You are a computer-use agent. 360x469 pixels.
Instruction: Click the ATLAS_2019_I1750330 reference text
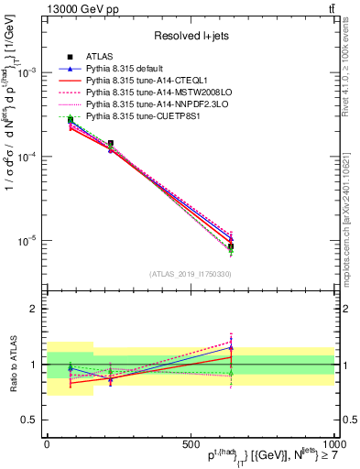[x=191, y=273]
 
